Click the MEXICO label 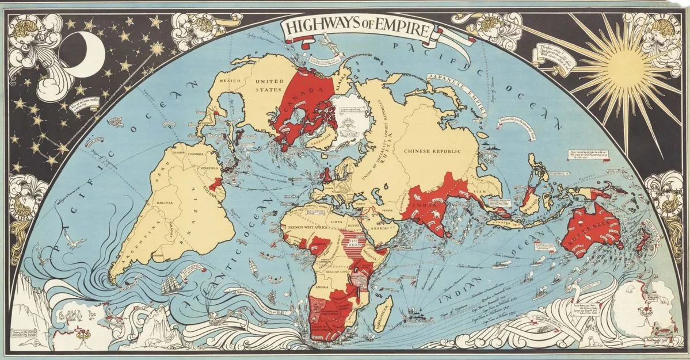230,82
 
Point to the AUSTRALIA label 593,231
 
